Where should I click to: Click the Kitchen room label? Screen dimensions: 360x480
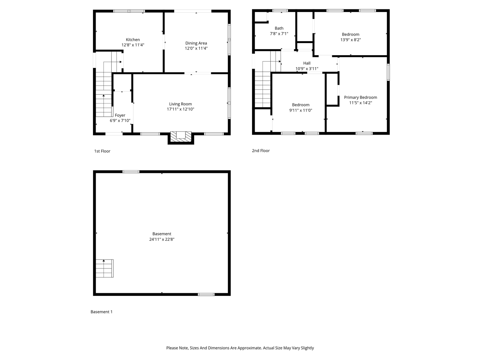133,39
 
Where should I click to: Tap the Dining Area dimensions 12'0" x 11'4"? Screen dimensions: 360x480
196,48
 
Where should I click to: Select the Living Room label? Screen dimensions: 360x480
180,104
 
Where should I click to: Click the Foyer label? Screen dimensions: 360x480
120,115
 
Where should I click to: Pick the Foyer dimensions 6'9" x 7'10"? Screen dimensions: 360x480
120,121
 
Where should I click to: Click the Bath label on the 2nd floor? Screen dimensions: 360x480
279,28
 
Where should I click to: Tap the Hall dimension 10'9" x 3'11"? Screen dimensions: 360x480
307,69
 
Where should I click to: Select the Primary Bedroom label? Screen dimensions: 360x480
360,97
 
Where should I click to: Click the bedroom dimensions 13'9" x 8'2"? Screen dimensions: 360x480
351,40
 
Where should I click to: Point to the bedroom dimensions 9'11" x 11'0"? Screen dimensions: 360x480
301,110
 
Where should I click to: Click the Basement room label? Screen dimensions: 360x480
162,234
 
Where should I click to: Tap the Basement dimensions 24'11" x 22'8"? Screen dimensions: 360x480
162,239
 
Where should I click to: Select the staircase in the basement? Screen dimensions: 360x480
104,268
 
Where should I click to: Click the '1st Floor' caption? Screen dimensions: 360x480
102,151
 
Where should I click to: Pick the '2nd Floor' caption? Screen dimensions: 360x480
261,151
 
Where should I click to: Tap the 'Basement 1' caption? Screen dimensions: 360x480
102,312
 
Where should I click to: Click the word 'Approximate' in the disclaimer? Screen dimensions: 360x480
246,348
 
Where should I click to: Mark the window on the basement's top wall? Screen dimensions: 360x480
131,172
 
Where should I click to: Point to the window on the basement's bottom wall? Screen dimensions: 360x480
206,294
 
